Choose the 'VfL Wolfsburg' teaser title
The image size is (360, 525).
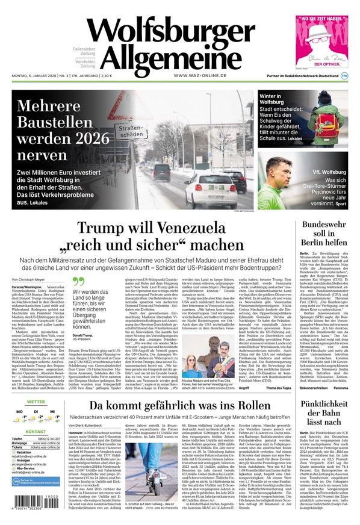(326, 172)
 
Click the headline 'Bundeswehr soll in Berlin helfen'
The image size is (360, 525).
(323, 233)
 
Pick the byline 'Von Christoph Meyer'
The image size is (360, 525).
(29, 279)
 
